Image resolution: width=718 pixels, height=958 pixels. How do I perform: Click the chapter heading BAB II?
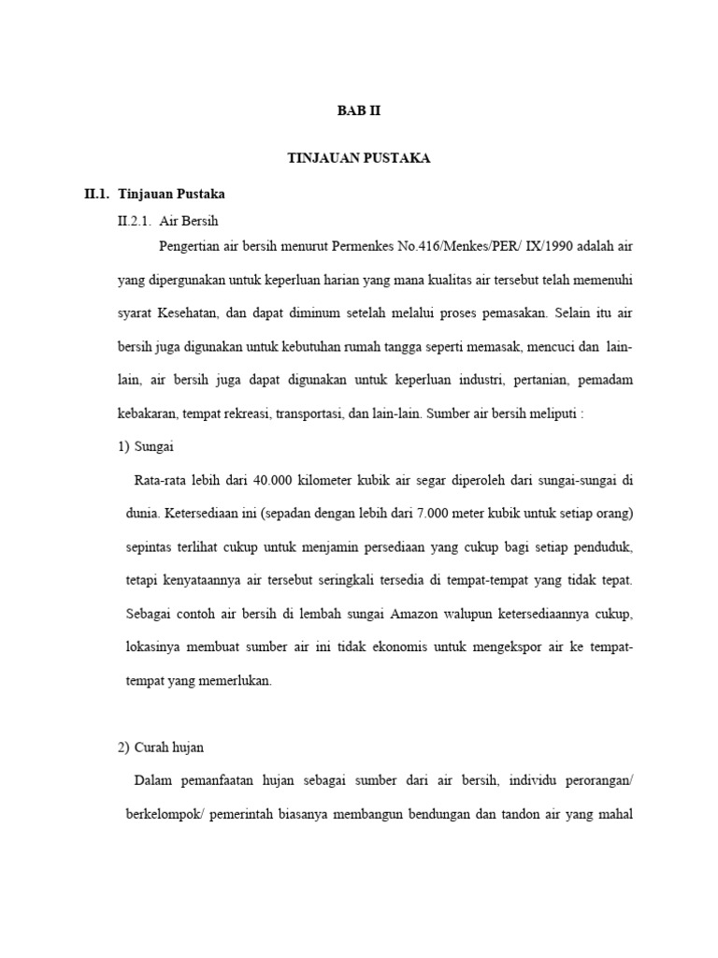tap(359, 110)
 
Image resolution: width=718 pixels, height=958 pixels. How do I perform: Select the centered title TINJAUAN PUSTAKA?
tap(359, 159)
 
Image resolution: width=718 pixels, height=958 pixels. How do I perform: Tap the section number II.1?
tap(97, 194)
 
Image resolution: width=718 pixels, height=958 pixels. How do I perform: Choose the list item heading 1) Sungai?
tap(147, 446)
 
